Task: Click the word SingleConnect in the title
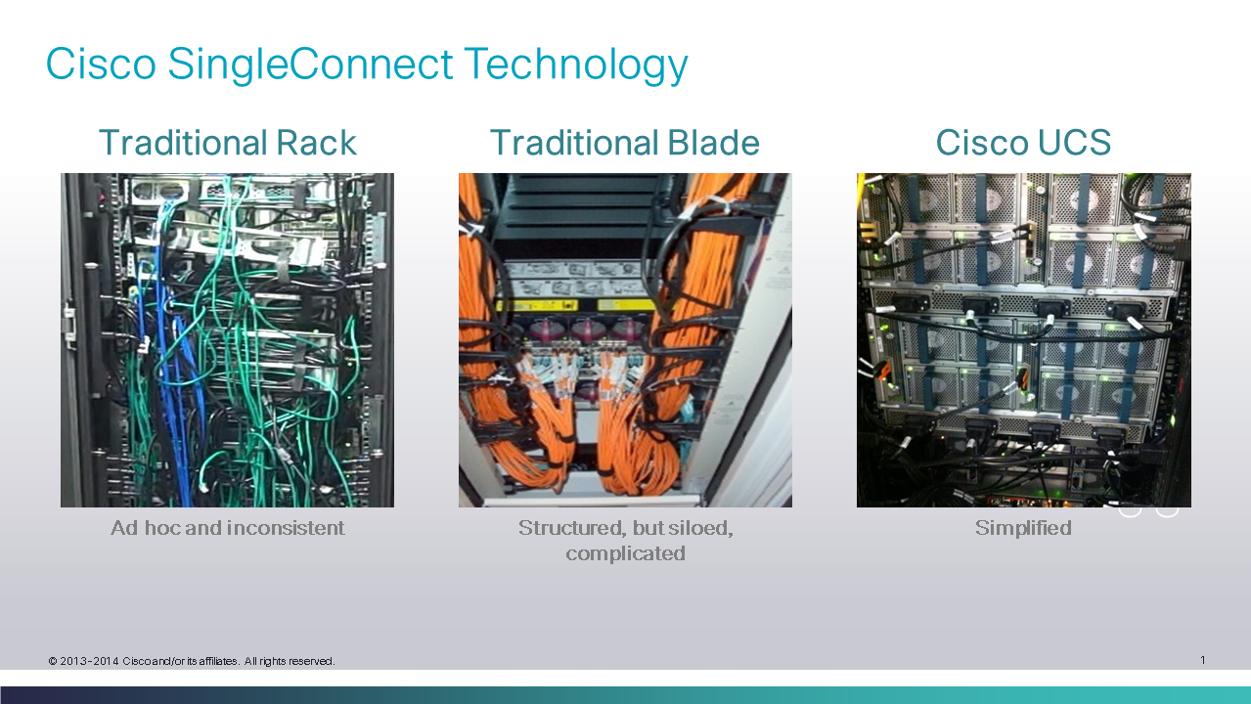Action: coord(310,65)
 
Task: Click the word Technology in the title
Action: coord(576,65)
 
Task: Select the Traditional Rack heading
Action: coord(227,143)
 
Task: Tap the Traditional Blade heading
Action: coord(625,143)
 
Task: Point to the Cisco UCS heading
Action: coord(1023,143)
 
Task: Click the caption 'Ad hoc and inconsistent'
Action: coord(227,528)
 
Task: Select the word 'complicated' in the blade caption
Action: coord(625,553)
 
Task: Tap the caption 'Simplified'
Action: coord(1023,528)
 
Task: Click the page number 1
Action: coord(1202,660)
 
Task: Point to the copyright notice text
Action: coord(192,661)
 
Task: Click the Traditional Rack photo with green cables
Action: coord(227,340)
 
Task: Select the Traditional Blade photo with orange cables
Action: coord(625,340)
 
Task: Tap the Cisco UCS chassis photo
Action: coord(1024,340)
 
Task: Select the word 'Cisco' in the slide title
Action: coord(101,65)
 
